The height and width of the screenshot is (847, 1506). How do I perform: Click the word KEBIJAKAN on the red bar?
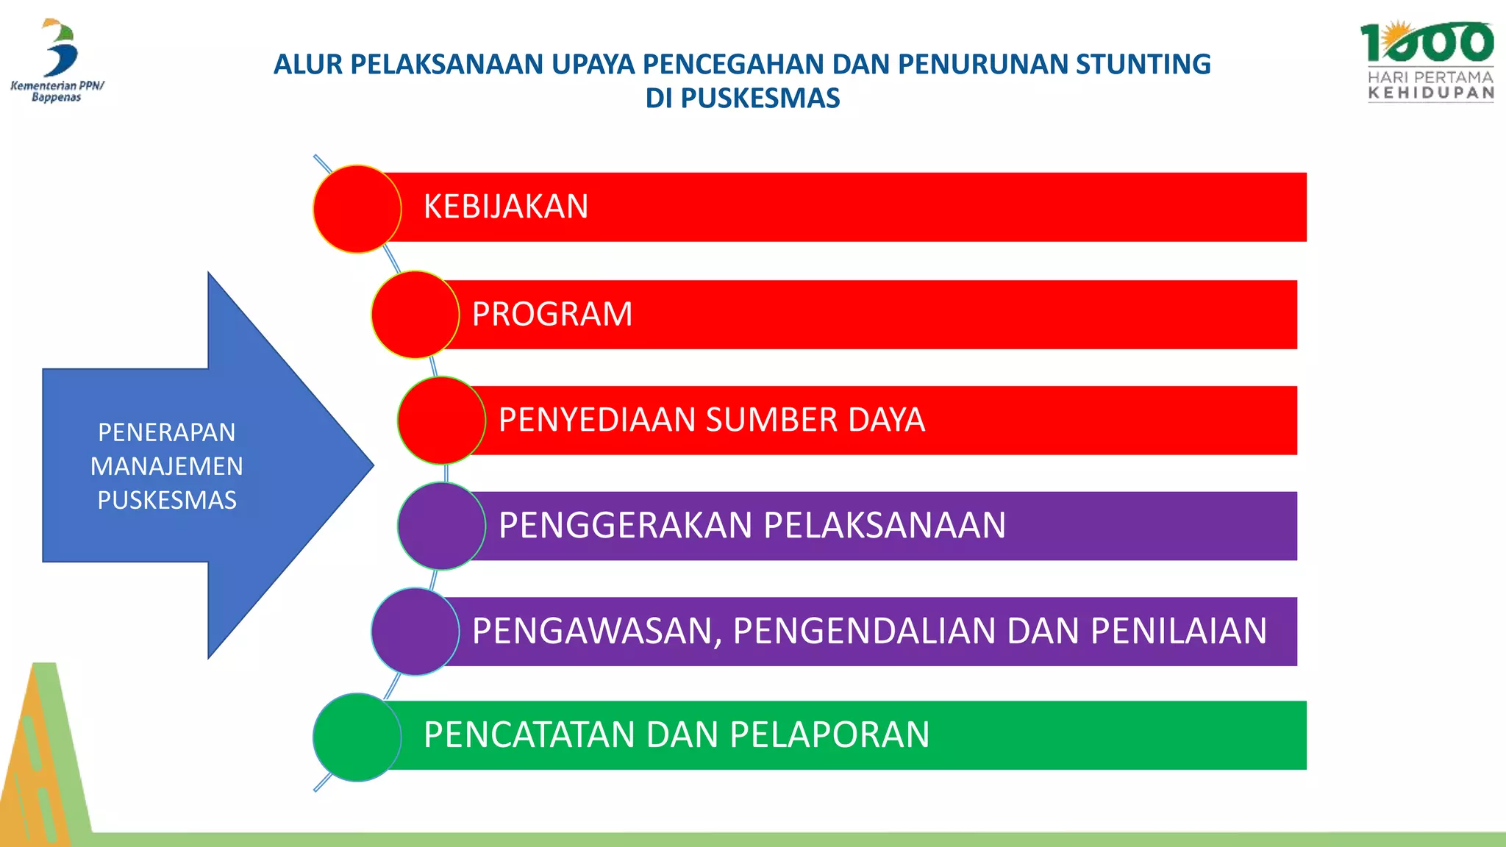pyautogui.click(x=506, y=207)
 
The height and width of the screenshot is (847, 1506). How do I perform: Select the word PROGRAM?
pyautogui.click(x=552, y=315)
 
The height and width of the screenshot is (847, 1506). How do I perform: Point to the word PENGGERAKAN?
pyautogui.click(x=625, y=526)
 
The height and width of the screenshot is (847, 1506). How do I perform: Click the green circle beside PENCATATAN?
pyautogui.click(x=357, y=737)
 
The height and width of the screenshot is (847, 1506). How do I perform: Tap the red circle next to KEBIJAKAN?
pyautogui.click(x=357, y=209)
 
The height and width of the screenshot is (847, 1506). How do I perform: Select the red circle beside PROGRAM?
pyautogui.click(x=415, y=315)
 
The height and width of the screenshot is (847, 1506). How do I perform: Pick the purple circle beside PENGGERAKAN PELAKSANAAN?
pyautogui.click(x=441, y=526)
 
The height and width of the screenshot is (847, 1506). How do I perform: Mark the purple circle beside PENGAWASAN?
pyautogui.click(x=415, y=632)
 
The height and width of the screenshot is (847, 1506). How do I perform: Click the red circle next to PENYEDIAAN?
pyautogui.click(x=441, y=420)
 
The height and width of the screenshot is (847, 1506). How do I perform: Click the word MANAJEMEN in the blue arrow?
pyautogui.click(x=167, y=466)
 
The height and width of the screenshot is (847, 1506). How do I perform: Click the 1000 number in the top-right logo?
pyautogui.click(x=1426, y=43)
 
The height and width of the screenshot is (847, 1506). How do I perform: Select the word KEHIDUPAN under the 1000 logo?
pyautogui.click(x=1430, y=93)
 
